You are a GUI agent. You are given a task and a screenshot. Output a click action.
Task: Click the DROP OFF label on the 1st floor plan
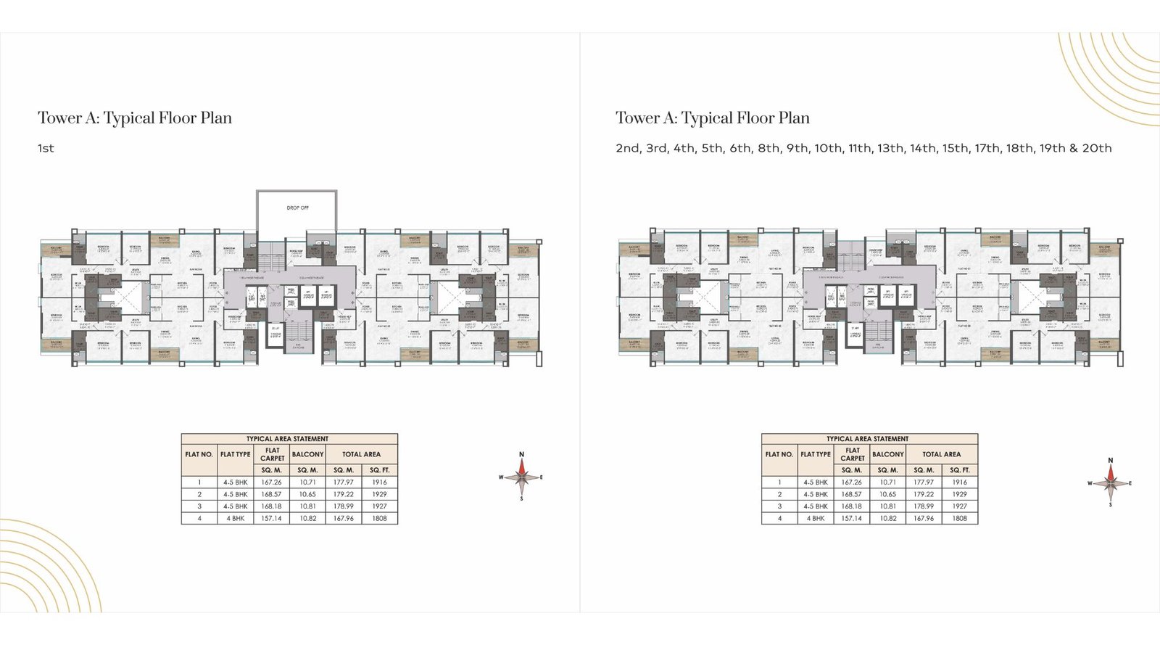click(297, 208)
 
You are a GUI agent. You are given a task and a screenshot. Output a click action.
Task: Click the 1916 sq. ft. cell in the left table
click(379, 482)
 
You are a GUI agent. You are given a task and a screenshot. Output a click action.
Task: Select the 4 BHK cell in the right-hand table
click(815, 518)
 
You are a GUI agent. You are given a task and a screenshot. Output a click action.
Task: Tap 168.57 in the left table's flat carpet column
click(271, 494)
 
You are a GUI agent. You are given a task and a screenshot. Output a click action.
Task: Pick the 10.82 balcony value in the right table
click(887, 518)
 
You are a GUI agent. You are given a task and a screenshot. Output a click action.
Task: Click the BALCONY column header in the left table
click(307, 454)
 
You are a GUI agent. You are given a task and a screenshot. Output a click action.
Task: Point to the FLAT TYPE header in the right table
click(815, 454)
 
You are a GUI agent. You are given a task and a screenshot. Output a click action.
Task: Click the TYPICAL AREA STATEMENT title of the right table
click(867, 439)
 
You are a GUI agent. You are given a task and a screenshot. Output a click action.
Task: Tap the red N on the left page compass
click(521, 455)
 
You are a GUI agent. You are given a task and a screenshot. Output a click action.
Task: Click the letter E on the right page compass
click(1130, 483)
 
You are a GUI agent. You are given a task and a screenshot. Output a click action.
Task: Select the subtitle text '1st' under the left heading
click(46, 148)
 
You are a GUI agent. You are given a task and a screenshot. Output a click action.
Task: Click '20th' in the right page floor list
click(1096, 148)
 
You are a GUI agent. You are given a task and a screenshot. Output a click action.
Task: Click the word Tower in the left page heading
click(60, 118)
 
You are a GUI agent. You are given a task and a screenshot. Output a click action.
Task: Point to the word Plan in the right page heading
click(793, 118)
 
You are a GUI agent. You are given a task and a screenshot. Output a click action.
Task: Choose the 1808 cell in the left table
click(379, 518)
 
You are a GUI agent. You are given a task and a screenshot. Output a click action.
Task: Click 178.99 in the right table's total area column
click(923, 506)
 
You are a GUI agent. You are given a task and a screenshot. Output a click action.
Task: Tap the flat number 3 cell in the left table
click(199, 506)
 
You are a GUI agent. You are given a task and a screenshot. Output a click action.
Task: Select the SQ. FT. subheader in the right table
click(959, 470)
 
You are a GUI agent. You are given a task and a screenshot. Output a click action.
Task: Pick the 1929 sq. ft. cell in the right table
click(959, 494)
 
